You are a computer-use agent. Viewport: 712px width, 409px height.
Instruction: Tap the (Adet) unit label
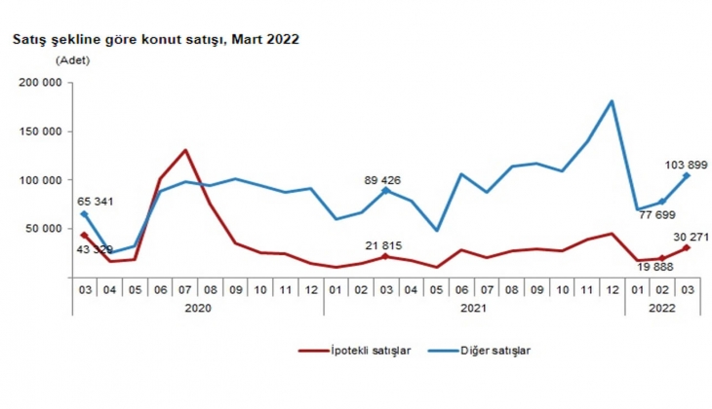73,60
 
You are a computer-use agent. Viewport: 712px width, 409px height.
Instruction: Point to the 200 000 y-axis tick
41,83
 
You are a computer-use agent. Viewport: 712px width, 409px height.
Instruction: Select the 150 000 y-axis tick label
41,131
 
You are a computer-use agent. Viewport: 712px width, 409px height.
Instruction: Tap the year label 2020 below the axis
197,307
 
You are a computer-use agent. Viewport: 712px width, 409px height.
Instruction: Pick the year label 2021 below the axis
474,307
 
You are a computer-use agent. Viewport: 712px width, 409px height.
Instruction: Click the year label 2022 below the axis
660,307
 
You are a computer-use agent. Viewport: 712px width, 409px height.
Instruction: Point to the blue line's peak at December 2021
612,101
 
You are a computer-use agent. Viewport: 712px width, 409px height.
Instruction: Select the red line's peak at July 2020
185,150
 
